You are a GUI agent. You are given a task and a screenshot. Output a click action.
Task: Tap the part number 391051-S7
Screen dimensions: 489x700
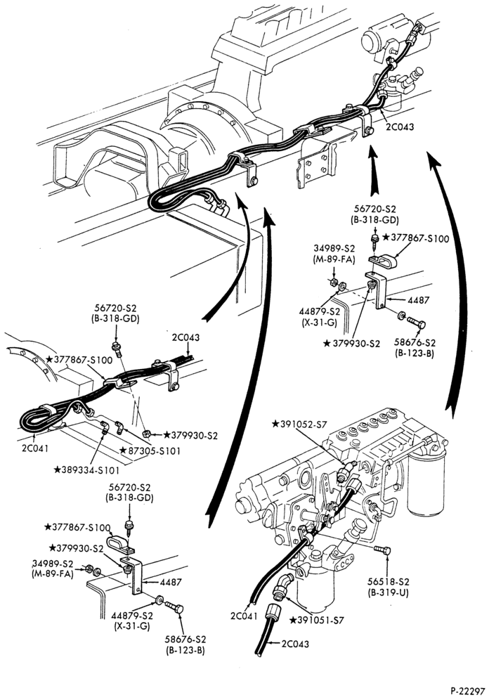point(320,620)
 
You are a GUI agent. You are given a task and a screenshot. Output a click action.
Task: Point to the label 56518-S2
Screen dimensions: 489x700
point(389,582)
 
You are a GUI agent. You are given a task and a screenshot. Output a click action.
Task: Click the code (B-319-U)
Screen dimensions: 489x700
point(389,593)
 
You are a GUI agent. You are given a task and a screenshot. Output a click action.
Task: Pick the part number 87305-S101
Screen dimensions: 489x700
point(154,451)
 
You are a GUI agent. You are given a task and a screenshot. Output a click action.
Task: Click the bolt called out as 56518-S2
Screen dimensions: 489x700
point(382,550)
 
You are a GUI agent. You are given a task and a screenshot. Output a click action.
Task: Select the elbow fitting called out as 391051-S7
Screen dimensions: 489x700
point(282,586)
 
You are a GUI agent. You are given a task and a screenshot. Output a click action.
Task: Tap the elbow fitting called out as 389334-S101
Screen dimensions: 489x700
point(105,427)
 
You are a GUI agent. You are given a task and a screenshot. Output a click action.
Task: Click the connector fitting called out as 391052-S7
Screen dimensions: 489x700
point(346,472)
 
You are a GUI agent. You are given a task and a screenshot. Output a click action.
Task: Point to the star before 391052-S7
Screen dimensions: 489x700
point(275,424)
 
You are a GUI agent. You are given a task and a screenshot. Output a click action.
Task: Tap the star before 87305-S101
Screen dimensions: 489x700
point(123,451)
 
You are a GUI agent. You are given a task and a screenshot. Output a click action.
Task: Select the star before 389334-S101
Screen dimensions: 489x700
point(57,469)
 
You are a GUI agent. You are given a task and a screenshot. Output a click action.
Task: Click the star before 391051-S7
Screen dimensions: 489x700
point(294,620)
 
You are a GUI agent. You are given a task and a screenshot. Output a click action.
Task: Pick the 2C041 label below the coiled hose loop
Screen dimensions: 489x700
point(35,448)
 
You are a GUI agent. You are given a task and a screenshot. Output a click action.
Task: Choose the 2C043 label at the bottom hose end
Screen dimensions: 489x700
point(295,644)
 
